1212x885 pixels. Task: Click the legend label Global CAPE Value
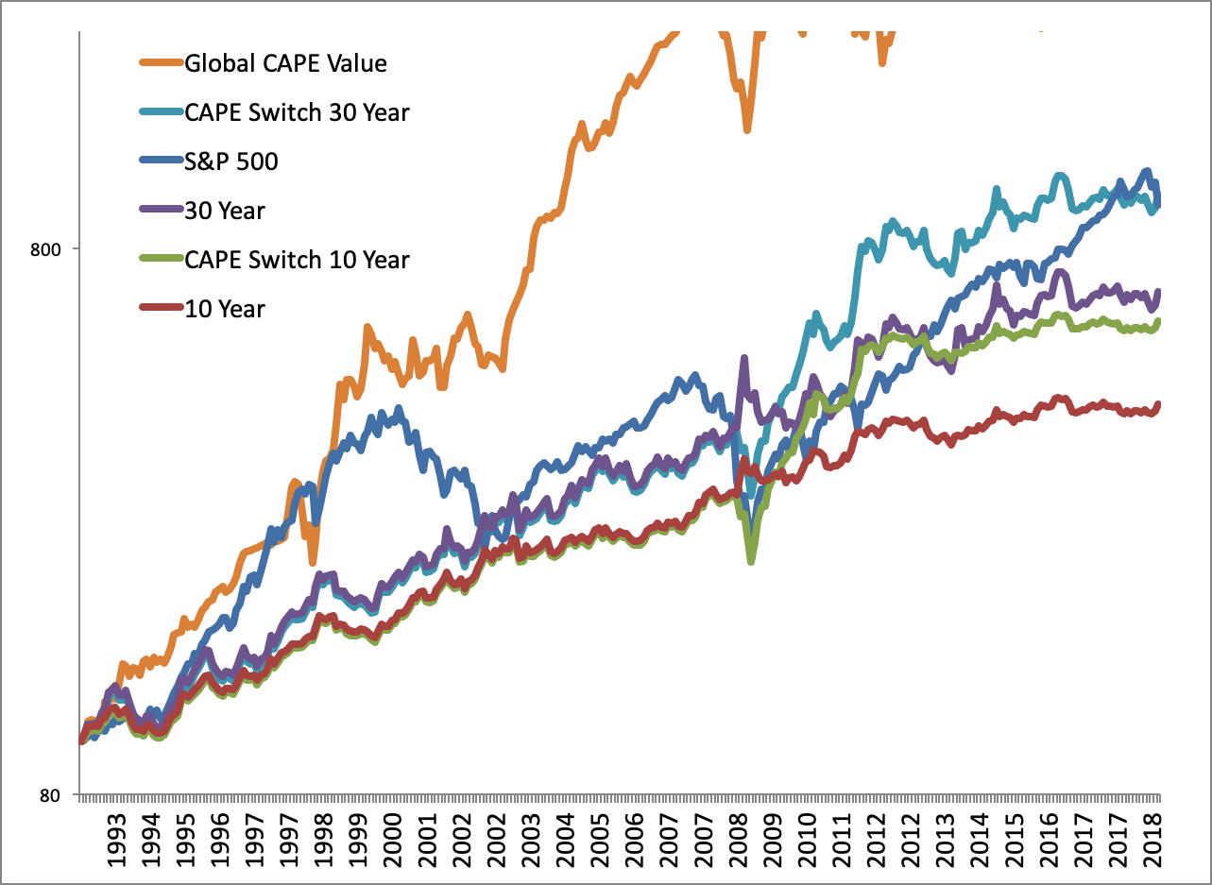[x=285, y=64]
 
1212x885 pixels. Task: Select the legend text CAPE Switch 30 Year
[x=297, y=113]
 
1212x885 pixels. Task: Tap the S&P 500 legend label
[x=231, y=162]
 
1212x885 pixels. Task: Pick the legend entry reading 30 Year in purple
[x=225, y=211]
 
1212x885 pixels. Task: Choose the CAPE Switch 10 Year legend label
[x=297, y=259]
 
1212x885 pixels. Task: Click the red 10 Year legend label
[x=225, y=308]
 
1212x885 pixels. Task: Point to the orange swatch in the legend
[x=159, y=64]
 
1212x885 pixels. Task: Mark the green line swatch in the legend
[x=159, y=259]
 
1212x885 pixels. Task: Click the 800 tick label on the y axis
[x=46, y=250]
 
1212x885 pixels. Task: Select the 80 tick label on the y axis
[x=52, y=795]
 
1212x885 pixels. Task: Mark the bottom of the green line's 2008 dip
[x=751, y=561]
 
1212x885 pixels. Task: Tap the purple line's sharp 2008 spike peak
[x=744, y=358]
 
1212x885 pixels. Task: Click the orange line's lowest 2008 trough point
[x=746, y=129]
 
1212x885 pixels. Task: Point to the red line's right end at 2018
[x=1159, y=404]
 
